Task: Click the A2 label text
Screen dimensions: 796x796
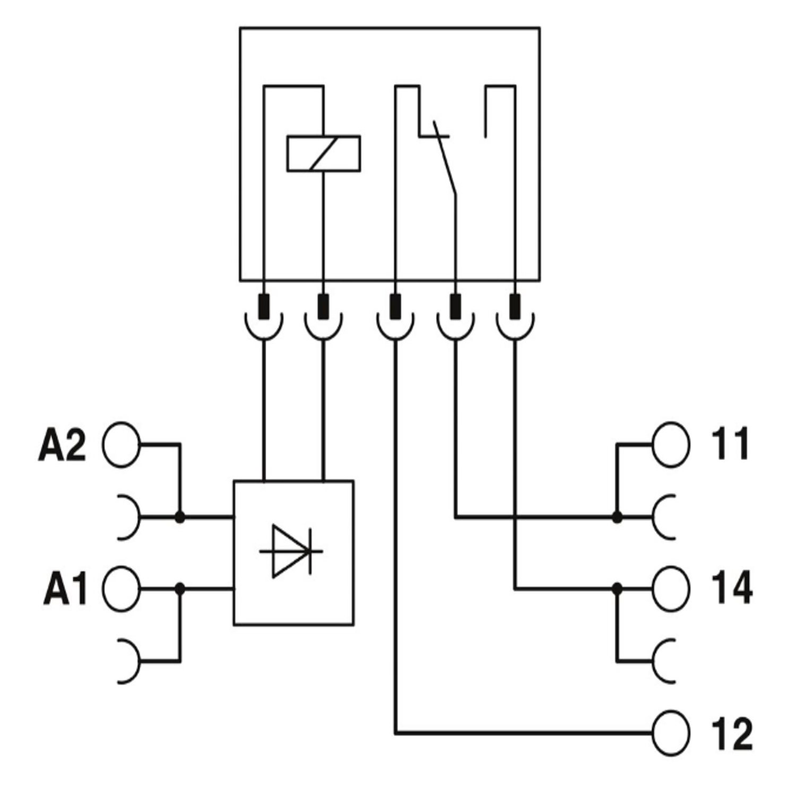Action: (62, 445)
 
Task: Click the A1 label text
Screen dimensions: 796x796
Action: (65, 589)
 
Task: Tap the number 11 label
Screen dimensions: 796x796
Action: (730, 444)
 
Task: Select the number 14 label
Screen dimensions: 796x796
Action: (732, 587)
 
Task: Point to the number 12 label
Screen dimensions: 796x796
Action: (732, 734)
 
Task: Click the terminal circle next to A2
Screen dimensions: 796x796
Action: (122, 445)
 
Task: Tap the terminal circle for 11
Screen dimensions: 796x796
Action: (671, 445)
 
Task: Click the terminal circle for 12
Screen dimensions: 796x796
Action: (671, 733)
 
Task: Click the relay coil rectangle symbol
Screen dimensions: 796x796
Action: (324, 154)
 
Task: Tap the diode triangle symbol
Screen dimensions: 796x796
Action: (290, 551)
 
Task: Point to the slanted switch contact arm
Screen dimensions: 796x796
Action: (445, 159)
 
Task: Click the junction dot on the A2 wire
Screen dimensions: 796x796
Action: (180, 516)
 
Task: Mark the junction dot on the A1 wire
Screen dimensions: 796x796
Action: (180, 589)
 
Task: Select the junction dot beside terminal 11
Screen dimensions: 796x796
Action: (617, 516)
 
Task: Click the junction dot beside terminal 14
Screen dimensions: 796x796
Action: (617, 589)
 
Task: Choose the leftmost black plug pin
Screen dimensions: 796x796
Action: (264, 307)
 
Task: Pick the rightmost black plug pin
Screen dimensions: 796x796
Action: (515, 307)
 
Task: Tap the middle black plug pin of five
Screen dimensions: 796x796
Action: (395, 307)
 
